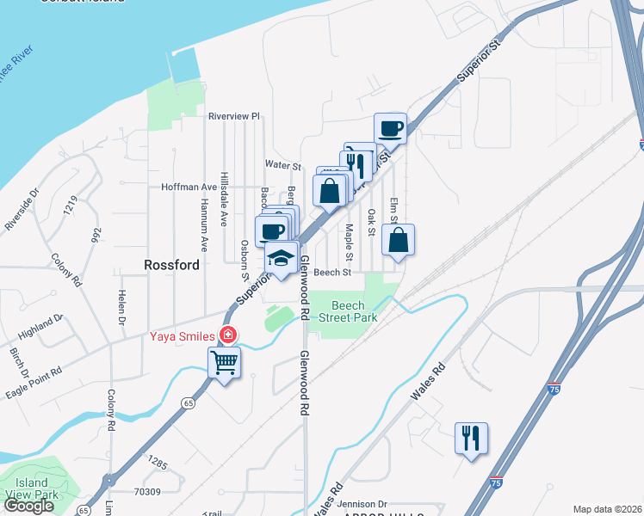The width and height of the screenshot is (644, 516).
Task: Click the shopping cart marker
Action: (x=225, y=364)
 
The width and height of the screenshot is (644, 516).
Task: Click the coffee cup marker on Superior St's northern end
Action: (x=391, y=129)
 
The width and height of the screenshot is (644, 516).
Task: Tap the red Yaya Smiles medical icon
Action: (x=228, y=335)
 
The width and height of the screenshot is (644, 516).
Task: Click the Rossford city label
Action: (x=172, y=265)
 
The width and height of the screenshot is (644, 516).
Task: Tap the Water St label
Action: (x=282, y=165)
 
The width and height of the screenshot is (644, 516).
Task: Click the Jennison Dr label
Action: (x=363, y=504)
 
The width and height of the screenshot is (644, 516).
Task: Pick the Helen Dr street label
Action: (x=121, y=304)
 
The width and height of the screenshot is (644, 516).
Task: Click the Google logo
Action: (x=28, y=506)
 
